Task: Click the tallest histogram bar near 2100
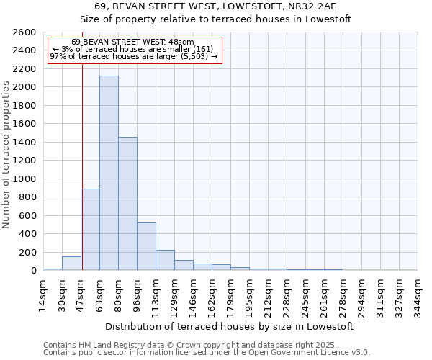pos(109,173)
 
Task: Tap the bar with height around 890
pos(90,230)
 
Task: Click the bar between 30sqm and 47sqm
pos(71,264)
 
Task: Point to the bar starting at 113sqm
pos(165,260)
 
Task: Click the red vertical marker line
pos(82,166)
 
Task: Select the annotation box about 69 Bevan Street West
pos(134,50)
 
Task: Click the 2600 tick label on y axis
pos(24,32)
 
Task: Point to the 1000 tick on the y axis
pos(24,179)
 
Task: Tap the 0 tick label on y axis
pos(34,271)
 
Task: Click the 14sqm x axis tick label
pos(43,292)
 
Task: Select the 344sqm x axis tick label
pos(418,292)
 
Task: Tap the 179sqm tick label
pos(230,292)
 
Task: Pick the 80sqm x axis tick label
pos(118,292)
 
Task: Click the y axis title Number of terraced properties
pos(7,155)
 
